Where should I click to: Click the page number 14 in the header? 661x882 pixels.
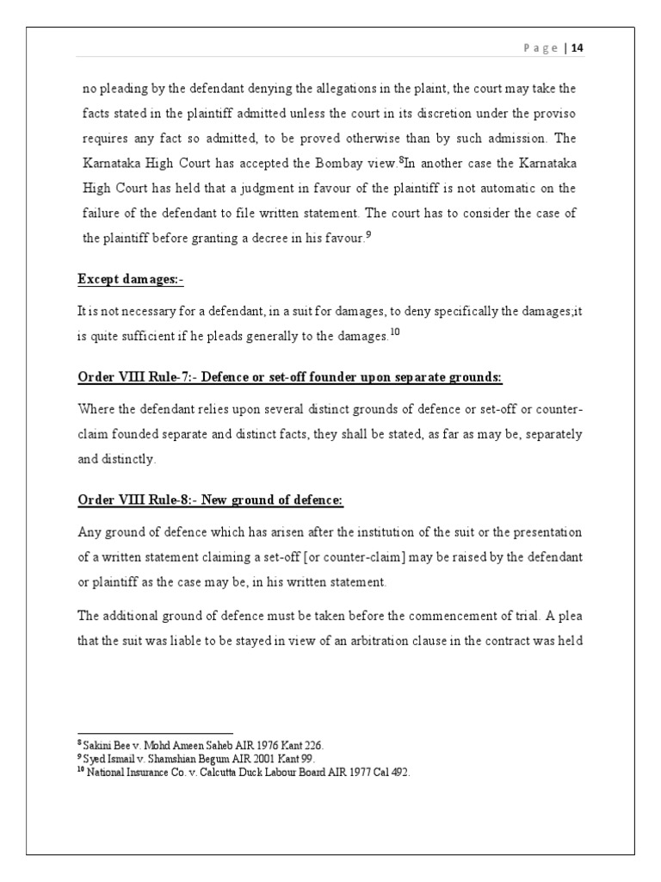[577, 48]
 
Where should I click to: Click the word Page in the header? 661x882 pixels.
[541, 48]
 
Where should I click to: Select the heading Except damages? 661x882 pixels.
[131, 280]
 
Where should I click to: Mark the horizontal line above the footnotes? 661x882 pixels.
[155, 733]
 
